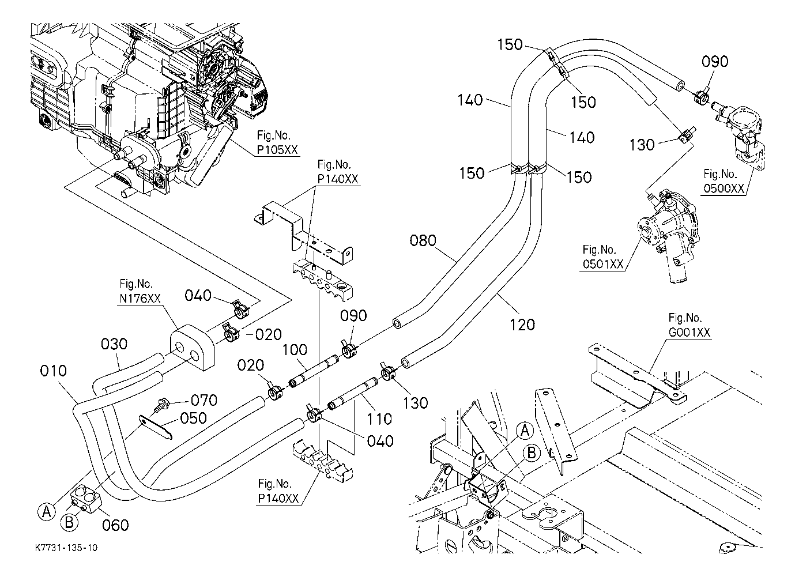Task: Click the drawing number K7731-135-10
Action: [x=65, y=546]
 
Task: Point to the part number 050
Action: [x=193, y=417]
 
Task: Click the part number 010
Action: [x=53, y=370]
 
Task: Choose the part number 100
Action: [x=295, y=350]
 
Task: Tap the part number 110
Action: [x=379, y=419]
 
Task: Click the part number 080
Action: [x=423, y=240]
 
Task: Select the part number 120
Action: [x=522, y=325]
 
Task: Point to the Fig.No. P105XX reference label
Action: [x=278, y=143]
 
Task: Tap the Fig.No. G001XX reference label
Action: [x=689, y=325]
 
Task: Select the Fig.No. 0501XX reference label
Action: [x=602, y=257]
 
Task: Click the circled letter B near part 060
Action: [x=69, y=522]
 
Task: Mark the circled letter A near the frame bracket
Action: [x=524, y=430]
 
